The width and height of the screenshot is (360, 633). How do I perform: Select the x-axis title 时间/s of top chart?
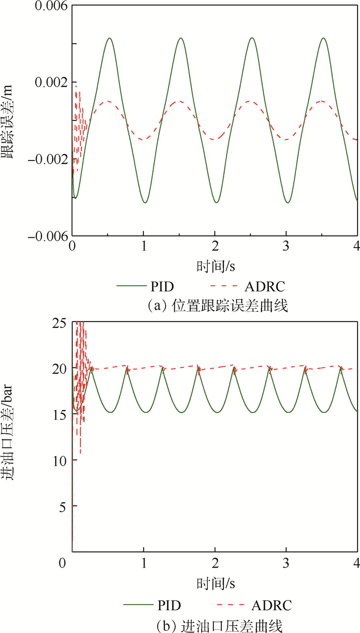point(212,266)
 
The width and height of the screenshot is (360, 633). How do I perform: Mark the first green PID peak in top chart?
point(110,38)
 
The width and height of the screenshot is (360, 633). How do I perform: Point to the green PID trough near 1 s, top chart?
point(145,203)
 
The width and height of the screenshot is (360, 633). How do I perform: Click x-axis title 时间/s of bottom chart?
point(212,583)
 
